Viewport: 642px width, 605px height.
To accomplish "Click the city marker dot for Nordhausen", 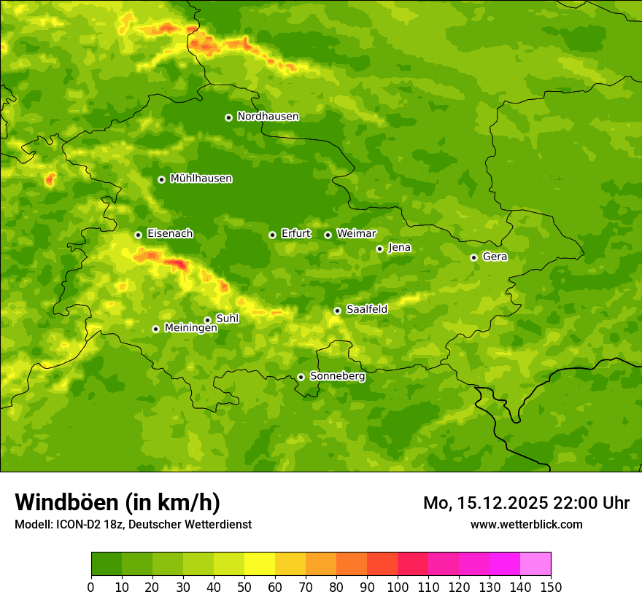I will [x=228, y=117].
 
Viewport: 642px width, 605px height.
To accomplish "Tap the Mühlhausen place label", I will [x=201, y=179].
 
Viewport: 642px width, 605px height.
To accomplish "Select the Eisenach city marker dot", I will [x=138, y=235].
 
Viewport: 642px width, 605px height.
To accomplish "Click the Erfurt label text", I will [x=296, y=234].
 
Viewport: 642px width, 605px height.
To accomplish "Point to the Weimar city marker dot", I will [x=328, y=235].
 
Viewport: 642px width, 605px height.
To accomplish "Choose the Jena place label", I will [x=400, y=248].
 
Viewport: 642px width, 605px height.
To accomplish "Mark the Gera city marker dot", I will [x=473, y=257].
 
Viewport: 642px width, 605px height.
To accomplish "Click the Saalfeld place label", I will [x=367, y=310].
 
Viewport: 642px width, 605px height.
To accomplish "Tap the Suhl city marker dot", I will [x=207, y=320].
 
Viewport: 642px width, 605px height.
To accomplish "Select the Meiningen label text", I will [x=191, y=329].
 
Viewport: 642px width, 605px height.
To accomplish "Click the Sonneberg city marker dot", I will [x=301, y=377].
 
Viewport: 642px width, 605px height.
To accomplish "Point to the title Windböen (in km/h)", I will [x=117, y=502].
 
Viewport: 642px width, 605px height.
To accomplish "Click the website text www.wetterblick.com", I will [x=527, y=524].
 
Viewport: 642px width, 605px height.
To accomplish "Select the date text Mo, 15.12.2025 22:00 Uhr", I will [x=526, y=503].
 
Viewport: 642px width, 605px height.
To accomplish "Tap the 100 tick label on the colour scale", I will [x=398, y=586].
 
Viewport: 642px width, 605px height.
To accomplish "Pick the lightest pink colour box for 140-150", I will [x=535, y=564].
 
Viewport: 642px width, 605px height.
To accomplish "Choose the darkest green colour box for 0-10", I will [x=107, y=564].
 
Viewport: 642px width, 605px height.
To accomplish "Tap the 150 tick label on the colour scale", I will [x=551, y=586].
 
